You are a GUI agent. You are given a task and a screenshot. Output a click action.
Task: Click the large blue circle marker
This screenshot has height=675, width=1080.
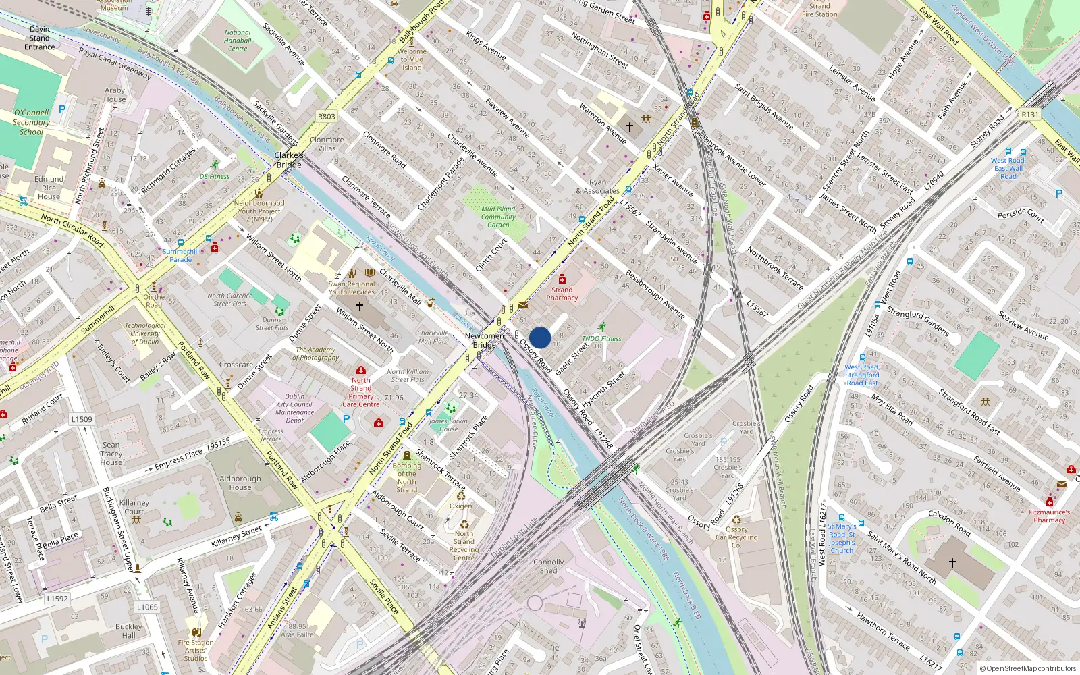click(540, 337)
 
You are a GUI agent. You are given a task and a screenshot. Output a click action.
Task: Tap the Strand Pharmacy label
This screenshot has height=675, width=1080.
click(562, 294)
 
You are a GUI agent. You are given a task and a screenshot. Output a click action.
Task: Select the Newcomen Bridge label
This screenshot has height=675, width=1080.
click(485, 340)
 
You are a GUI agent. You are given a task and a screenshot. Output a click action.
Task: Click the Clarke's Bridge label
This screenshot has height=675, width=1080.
click(289, 160)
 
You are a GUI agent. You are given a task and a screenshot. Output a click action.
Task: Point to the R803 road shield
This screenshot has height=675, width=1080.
click(327, 117)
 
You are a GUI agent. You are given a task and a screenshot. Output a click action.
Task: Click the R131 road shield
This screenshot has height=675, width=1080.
click(1030, 115)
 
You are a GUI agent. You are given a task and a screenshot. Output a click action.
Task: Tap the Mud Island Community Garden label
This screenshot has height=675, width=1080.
click(498, 217)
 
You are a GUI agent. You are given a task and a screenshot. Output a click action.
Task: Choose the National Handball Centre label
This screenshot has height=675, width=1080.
click(238, 40)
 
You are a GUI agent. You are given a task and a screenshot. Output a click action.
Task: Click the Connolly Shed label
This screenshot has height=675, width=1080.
click(548, 566)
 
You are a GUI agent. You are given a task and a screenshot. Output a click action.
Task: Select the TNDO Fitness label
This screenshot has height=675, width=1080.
click(601, 339)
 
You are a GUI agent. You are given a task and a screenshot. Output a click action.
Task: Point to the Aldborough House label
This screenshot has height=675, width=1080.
click(240, 483)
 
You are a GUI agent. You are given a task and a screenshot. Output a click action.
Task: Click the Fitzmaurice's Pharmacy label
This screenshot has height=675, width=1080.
click(1050, 516)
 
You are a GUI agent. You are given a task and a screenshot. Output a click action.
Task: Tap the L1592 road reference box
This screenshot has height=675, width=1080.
click(57, 599)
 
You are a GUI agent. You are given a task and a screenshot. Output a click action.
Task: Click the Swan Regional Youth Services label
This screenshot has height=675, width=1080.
click(352, 288)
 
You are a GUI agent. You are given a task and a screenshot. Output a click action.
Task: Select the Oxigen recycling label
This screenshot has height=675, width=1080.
click(461, 506)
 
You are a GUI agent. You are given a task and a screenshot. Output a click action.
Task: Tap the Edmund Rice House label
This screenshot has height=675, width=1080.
click(49, 188)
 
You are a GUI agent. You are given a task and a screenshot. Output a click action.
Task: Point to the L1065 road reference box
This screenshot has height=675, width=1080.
click(147, 607)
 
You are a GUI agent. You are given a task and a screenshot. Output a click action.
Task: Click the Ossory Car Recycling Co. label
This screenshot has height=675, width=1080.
click(736, 537)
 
